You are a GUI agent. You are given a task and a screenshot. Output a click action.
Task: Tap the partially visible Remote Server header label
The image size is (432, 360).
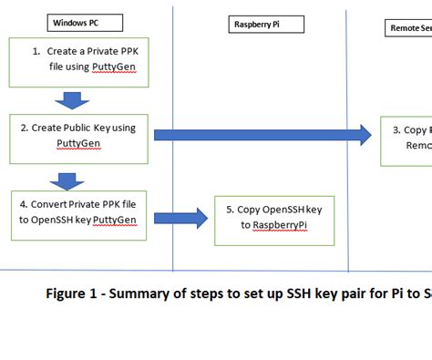[x=410, y=28]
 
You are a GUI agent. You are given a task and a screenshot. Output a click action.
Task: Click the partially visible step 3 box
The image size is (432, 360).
[x=406, y=138]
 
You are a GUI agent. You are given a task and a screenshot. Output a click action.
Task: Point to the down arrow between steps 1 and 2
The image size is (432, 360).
[x=72, y=98]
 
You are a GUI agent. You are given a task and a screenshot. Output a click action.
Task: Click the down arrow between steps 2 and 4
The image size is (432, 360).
[x=65, y=179]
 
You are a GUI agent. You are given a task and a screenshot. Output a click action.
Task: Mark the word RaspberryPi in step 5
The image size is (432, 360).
[x=279, y=226]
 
